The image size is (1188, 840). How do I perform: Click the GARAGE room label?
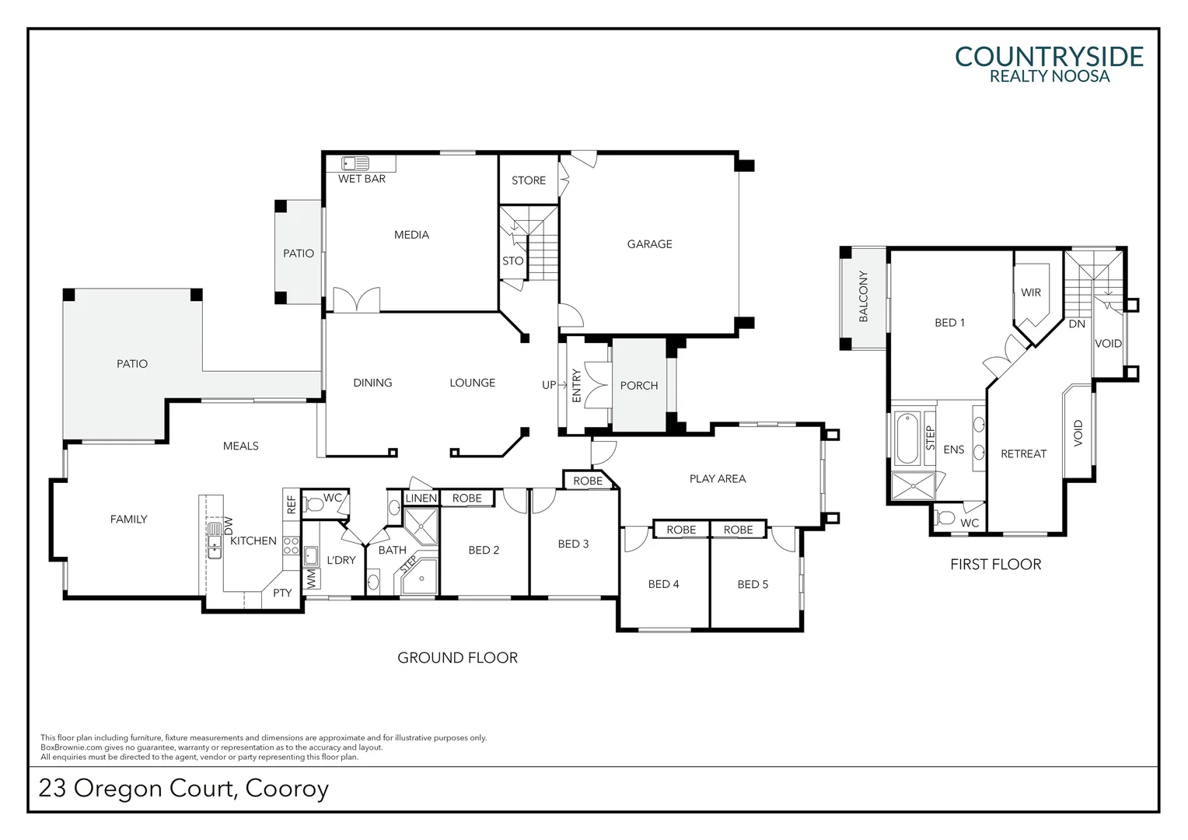coord(650,244)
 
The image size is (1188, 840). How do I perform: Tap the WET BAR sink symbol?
coord(355,163)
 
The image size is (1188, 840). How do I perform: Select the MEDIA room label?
coord(411,235)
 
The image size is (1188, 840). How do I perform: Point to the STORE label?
coord(529,180)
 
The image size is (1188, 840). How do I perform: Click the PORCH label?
coord(639,386)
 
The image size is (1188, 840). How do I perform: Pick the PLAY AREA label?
coord(718,478)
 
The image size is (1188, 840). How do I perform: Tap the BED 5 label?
coord(753,584)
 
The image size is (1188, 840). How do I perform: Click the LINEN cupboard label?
coord(421,499)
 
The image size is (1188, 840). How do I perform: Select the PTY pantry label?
coord(282,593)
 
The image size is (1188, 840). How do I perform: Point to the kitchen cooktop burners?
coord(291,546)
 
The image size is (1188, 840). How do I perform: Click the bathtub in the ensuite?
coord(907,439)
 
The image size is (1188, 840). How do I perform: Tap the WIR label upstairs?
coord(1031,292)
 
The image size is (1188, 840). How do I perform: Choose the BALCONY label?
coord(864,296)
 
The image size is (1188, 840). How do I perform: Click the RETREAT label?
coord(1024,453)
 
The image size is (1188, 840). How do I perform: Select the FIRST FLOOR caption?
coord(995,564)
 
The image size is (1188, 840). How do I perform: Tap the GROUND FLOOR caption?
coord(458,657)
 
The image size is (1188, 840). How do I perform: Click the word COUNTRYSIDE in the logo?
coord(1049,57)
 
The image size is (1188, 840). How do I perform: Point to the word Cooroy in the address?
coord(287,789)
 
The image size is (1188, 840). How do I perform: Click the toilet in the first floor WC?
coord(945,517)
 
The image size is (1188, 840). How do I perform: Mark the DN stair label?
coord(1077,324)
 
